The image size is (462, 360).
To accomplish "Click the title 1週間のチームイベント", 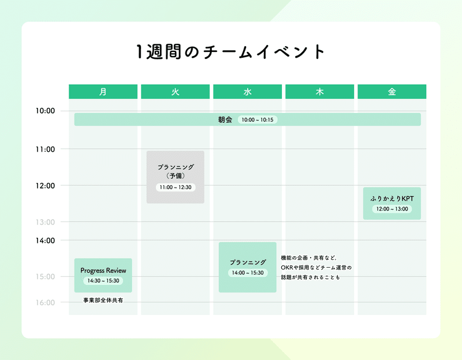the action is click(x=230, y=52).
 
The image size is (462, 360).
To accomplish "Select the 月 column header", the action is click(x=103, y=92).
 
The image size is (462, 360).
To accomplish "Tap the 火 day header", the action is click(x=176, y=92).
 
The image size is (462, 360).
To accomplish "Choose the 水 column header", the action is click(x=248, y=92).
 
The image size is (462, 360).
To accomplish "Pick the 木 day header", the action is click(x=320, y=92).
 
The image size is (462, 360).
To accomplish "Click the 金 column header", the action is click(x=392, y=92).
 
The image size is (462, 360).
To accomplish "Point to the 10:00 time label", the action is click(x=46, y=111).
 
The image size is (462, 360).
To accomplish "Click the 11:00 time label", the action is click(x=46, y=149).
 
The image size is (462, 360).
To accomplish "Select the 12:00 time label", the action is click(x=46, y=186).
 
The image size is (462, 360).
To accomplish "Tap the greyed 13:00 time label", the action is click(x=46, y=222).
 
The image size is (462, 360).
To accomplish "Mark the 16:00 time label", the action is click(x=46, y=303).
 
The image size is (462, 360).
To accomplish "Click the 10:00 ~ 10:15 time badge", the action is click(x=258, y=120).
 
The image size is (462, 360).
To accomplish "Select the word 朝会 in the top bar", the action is click(x=225, y=119).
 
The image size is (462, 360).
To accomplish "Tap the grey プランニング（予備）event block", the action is click(x=176, y=177).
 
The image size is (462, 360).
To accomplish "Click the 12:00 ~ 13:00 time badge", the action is click(x=392, y=209).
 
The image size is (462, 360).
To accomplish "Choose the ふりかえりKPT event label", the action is click(x=392, y=198).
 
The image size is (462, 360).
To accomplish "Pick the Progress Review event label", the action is click(x=103, y=271).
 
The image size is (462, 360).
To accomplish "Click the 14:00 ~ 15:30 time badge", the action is click(x=248, y=273).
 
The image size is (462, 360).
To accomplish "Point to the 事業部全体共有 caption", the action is click(x=103, y=300).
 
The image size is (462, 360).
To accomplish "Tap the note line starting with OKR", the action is click(x=316, y=268).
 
